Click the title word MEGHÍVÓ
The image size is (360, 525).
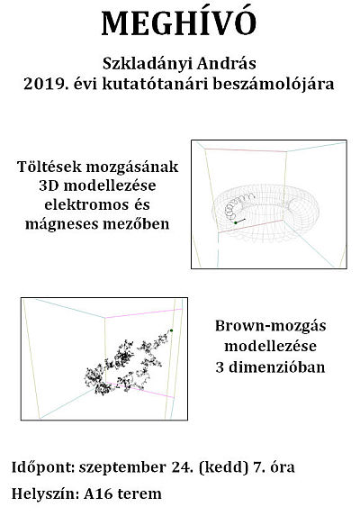(179, 23)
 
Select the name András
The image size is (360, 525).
(227, 63)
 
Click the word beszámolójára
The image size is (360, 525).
(274, 85)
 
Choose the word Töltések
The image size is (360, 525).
(49, 167)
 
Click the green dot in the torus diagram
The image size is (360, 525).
(236, 222)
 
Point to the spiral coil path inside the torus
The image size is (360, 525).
(237, 205)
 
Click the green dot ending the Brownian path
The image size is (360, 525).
(172, 330)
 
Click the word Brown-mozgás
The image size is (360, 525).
(271, 326)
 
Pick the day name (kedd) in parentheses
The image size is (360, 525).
(223, 467)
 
